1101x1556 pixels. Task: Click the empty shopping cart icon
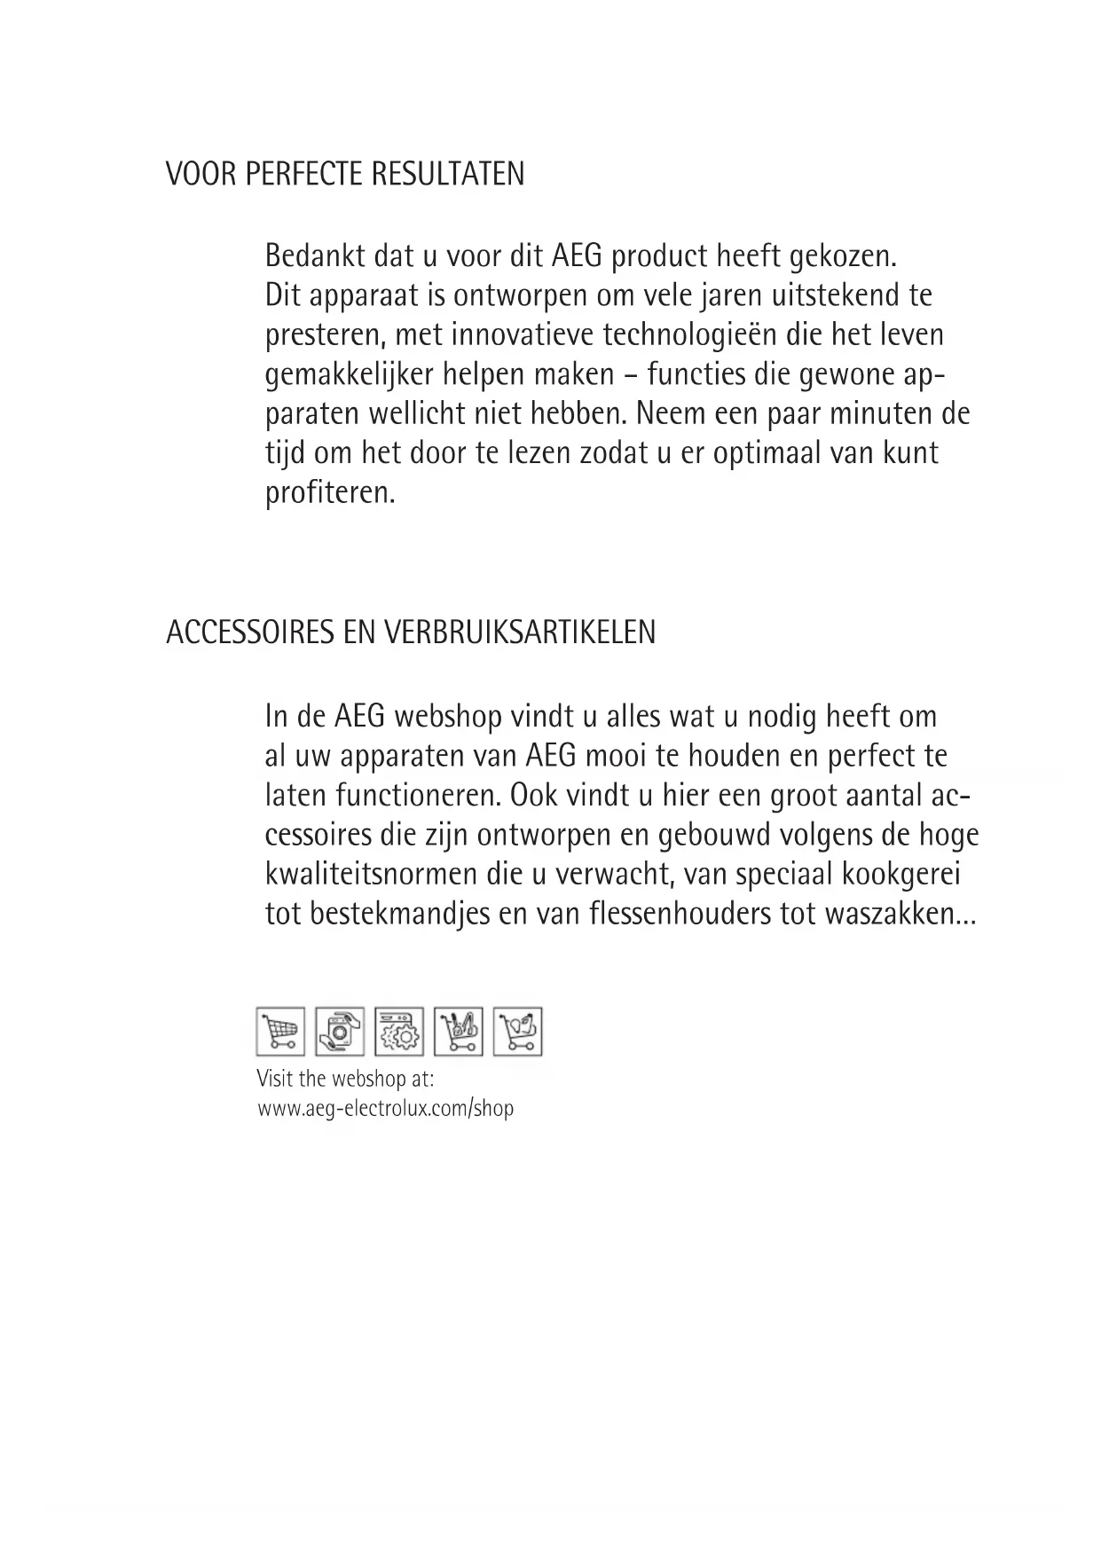pos(280,1032)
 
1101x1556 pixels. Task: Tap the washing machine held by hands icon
pos(339,1032)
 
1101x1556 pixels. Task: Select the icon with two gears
pos(398,1032)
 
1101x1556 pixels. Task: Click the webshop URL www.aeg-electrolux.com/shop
pos(386,1108)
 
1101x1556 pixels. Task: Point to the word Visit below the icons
pos(272,1080)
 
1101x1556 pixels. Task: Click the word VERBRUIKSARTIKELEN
pos(520,633)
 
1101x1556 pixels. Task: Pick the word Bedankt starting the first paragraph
pos(315,256)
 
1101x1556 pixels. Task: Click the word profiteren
pos(330,493)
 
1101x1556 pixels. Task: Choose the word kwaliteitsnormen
pos(371,875)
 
